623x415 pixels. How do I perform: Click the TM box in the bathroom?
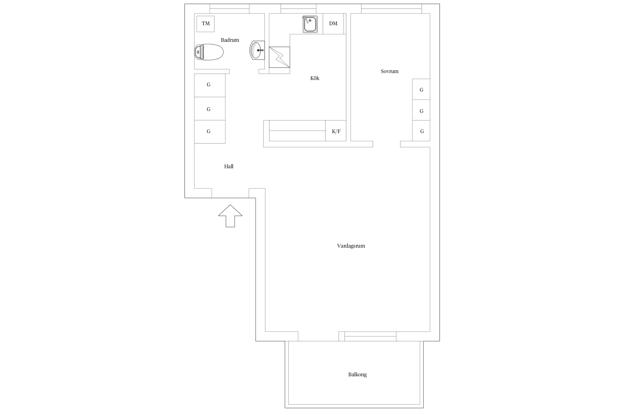click(205, 24)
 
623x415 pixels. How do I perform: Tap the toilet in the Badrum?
click(209, 52)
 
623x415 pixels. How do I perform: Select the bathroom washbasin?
click(257, 50)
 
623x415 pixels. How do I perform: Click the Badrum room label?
click(230, 40)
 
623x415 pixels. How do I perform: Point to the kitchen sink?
click(310, 24)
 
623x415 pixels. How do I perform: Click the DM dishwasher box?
click(333, 24)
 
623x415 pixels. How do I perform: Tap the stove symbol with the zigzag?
click(280, 57)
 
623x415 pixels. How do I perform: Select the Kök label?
click(315, 78)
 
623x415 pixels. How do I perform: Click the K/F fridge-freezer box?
click(336, 131)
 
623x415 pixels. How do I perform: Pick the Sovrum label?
click(390, 71)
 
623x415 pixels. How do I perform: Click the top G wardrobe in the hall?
click(210, 85)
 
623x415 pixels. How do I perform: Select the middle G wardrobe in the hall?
click(210, 108)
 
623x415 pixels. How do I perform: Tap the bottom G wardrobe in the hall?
click(210, 132)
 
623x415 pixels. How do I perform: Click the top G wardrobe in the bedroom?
click(421, 89)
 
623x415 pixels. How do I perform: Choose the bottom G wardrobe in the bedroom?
click(421, 131)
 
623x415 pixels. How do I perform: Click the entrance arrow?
click(230, 216)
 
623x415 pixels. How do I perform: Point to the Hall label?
click(229, 167)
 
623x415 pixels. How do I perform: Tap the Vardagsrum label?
click(351, 246)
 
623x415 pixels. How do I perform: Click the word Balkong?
click(357, 375)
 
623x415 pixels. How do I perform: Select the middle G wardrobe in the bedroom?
click(421, 110)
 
